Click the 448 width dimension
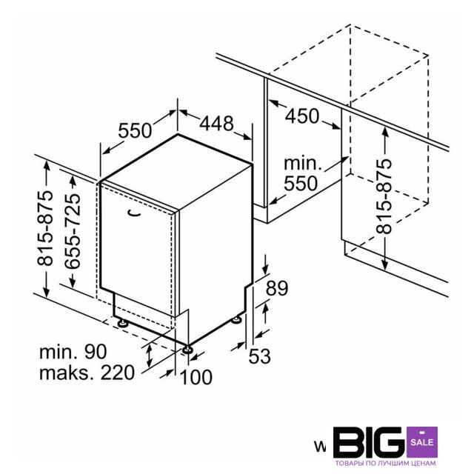pyautogui.click(x=216, y=123)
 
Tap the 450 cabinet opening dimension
pyautogui.click(x=302, y=116)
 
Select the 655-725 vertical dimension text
pyautogui.click(x=73, y=231)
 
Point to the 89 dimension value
pyautogui.click(x=276, y=288)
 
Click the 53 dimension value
pyautogui.click(x=259, y=355)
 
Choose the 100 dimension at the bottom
pyautogui.click(x=196, y=377)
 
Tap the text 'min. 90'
pyautogui.click(x=73, y=352)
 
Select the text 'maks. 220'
pyautogui.click(x=87, y=373)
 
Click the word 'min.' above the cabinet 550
pyautogui.click(x=303, y=164)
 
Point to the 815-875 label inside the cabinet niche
pyautogui.click(x=384, y=196)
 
